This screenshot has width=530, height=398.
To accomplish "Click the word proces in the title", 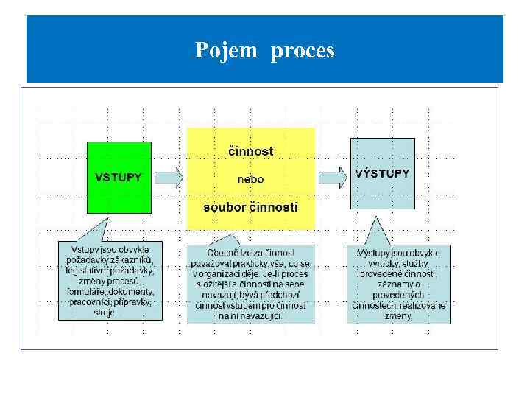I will [303, 51].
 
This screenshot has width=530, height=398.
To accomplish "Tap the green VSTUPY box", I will [118, 177].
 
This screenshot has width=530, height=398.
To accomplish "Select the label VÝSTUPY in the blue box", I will [382, 174].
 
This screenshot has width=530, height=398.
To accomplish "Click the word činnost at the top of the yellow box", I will [250, 151].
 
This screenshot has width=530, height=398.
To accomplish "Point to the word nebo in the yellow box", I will [250, 179].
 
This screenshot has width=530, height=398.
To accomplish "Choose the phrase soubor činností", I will [250, 207].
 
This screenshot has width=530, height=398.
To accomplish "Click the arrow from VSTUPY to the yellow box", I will [169, 177].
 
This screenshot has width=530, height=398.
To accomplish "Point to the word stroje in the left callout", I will [106, 313].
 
